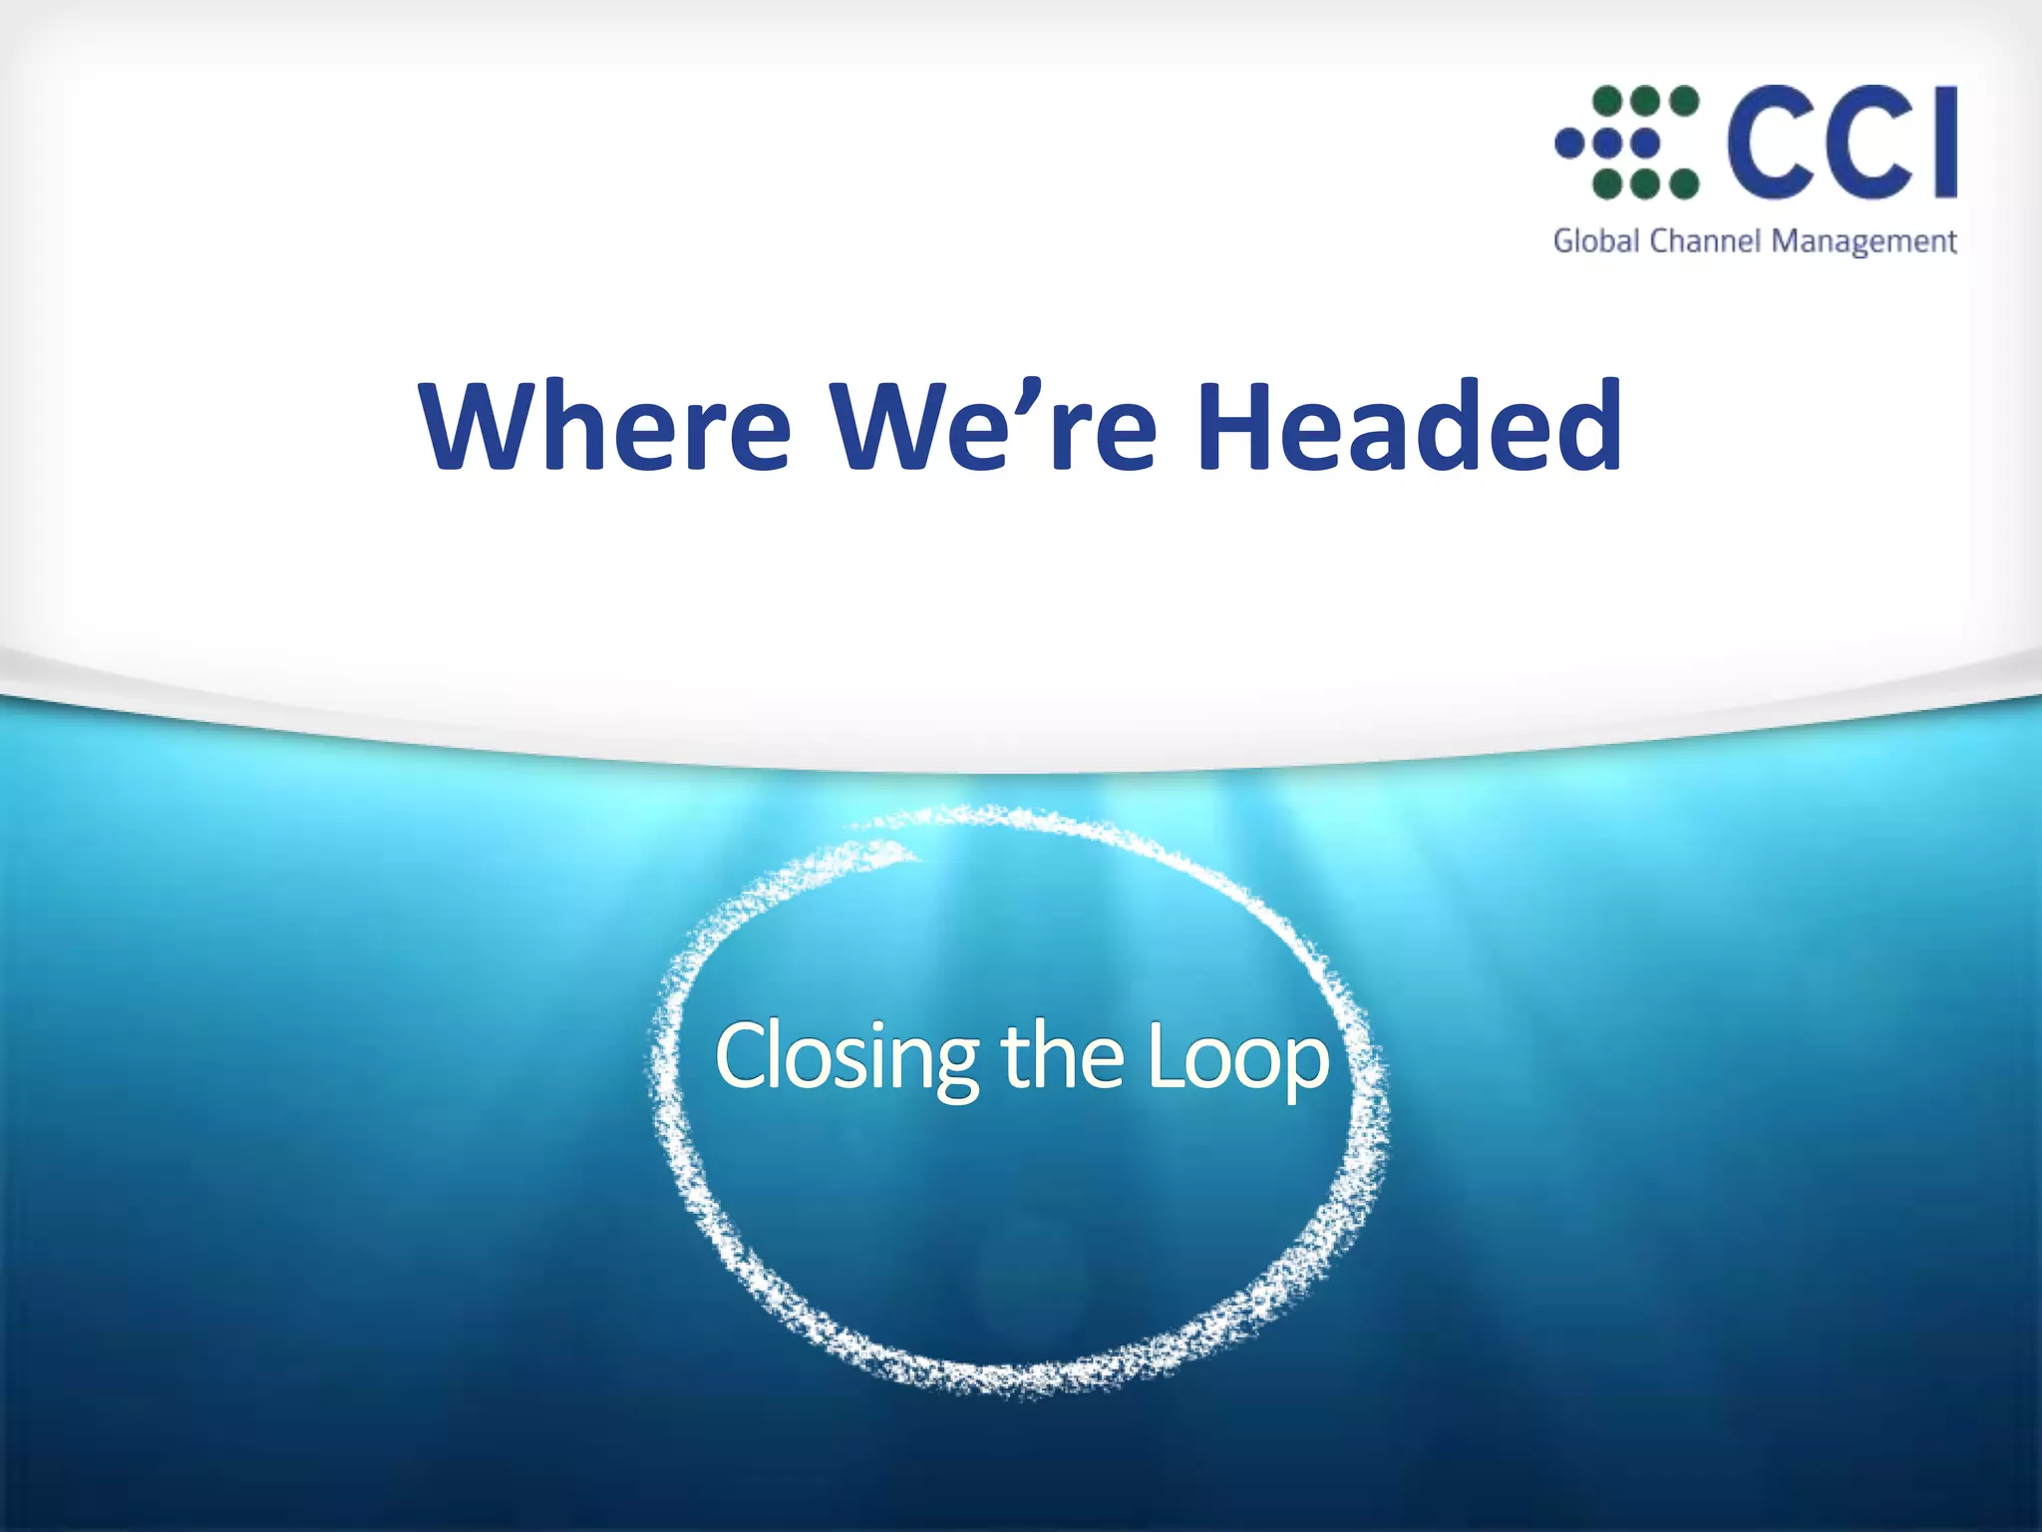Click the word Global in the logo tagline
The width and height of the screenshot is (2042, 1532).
(x=1596, y=241)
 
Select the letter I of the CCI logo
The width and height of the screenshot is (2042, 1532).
(x=1943, y=142)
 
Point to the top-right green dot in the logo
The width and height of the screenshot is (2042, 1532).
(x=1684, y=101)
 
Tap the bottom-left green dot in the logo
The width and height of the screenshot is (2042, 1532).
(x=1607, y=185)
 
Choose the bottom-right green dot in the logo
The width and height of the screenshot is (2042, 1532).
(x=1684, y=185)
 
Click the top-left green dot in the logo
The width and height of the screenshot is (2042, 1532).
(x=1607, y=101)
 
